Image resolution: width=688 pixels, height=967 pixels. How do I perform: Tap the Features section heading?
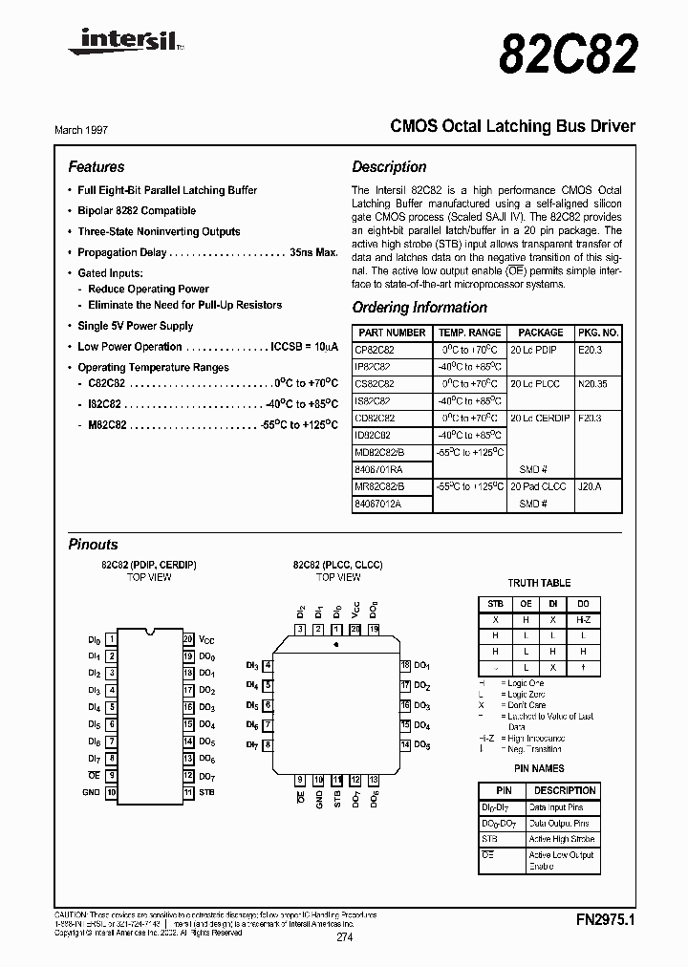click(x=97, y=166)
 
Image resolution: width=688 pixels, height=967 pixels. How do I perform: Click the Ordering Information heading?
click(x=419, y=308)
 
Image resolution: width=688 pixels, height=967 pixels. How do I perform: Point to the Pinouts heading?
click(x=94, y=545)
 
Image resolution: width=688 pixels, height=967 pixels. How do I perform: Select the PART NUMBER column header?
click(x=392, y=333)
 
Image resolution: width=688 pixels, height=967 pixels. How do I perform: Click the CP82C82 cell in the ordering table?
click(x=375, y=350)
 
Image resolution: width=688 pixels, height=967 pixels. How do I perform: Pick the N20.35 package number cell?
click(x=596, y=384)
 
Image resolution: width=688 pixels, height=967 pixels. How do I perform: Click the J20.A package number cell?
click(x=591, y=486)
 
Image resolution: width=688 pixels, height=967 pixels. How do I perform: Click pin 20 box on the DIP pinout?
click(x=188, y=638)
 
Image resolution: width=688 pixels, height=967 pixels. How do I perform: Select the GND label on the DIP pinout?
click(x=91, y=793)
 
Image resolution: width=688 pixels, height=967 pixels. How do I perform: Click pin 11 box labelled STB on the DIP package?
click(x=188, y=793)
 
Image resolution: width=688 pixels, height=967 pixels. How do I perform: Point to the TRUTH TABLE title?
click(x=539, y=583)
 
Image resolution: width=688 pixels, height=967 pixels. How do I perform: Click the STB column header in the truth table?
click(x=495, y=603)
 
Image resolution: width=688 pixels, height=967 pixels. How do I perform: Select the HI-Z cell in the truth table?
click(x=582, y=619)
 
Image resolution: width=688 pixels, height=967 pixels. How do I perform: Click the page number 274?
click(x=344, y=937)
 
